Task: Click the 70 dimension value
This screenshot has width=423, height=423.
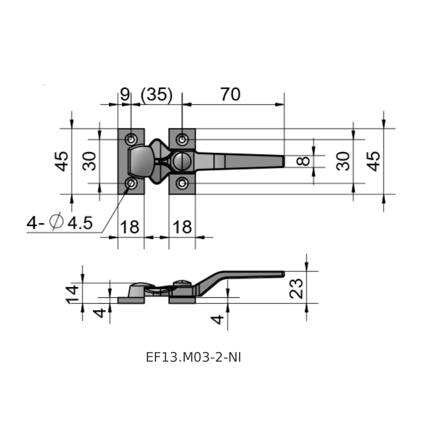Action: (x=230, y=94)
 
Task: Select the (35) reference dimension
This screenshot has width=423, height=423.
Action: (x=156, y=95)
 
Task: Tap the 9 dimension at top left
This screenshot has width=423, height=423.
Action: (x=125, y=94)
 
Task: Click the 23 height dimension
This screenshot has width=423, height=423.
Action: (x=296, y=288)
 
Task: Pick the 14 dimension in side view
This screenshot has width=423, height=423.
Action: (x=72, y=294)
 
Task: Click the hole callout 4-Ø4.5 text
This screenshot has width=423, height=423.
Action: (x=60, y=222)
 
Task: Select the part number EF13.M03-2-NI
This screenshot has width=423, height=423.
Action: (x=193, y=357)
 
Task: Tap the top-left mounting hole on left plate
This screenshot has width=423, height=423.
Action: (x=132, y=140)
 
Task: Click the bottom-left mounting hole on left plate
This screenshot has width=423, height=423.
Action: (x=132, y=184)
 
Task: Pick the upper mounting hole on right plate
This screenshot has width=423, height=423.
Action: (x=182, y=140)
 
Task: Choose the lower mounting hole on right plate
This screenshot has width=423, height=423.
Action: (x=182, y=184)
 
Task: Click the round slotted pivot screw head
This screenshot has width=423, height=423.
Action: (x=182, y=161)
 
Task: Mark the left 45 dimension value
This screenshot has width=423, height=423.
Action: (x=61, y=161)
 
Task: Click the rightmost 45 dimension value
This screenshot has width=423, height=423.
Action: (x=373, y=161)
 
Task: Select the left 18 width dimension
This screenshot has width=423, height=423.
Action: (x=130, y=227)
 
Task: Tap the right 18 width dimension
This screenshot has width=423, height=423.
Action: (x=182, y=227)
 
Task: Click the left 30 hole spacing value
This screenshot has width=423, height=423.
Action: (x=89, y=161)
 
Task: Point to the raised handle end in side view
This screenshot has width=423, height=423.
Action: (x=283, y=274)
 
